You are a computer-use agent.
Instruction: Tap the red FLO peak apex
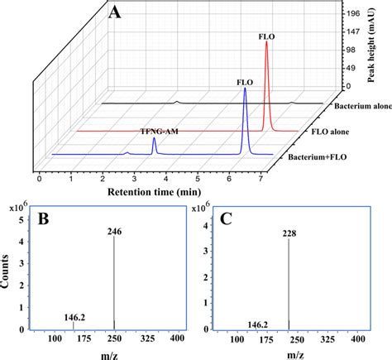coord(266,43)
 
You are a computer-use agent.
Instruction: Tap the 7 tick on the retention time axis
coord(261,177)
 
